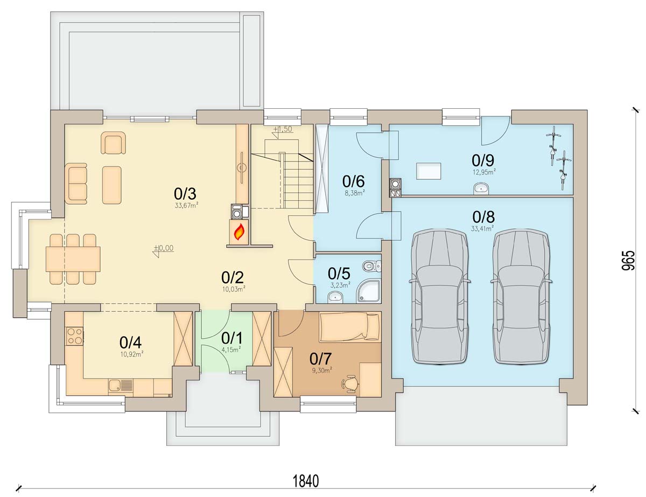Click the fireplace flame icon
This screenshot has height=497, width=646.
(240, 232)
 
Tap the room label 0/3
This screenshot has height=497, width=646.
(185, 194)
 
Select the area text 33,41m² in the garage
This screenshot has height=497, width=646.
(482, 228)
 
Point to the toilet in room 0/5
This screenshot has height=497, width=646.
(372, 265)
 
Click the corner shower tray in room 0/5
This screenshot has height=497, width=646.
(369, 291)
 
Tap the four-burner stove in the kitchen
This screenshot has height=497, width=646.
(74, 336)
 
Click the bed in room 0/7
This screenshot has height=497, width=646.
(349, 327)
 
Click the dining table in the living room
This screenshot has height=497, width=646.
(73, 258)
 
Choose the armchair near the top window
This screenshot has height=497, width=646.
(113, 143)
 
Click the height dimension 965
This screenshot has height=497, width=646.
(628, 261)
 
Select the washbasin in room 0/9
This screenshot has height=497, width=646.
(481, 188)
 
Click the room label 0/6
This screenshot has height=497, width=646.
(353, 181)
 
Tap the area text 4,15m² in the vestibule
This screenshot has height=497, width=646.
(231, 350)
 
